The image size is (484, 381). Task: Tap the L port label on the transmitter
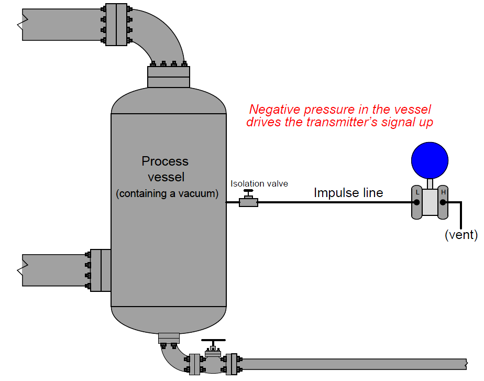417,192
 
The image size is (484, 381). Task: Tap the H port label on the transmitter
443,192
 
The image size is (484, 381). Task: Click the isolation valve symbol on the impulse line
248,201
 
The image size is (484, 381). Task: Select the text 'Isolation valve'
259,183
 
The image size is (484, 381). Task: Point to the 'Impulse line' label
348,193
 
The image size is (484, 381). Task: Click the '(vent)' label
461,235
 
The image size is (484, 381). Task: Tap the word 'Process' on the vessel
165,161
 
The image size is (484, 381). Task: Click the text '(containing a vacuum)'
167,193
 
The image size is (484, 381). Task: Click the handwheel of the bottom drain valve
213,340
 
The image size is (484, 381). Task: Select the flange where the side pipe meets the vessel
99,270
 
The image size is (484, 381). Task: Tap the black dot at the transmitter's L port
417,202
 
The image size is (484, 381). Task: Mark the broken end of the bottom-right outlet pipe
466,364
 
